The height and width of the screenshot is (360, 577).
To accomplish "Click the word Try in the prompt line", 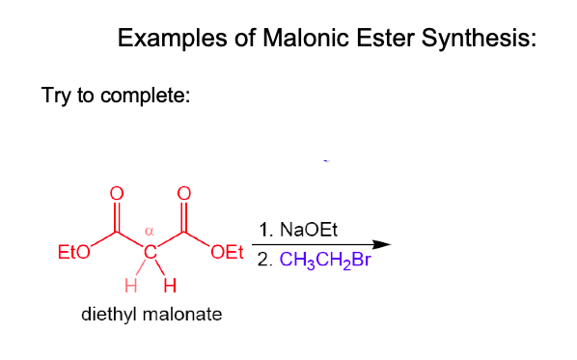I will tap(55, 97).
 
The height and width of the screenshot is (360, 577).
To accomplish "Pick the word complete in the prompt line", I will tap(150, 97).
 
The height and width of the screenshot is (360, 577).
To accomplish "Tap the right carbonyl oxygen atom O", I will tap(183, 192).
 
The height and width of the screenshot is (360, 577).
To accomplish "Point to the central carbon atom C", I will tap(151, 253).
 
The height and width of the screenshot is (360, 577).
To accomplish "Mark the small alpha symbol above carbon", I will tap(150, 232).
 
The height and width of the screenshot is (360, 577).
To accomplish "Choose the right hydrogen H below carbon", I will tap(170, 286).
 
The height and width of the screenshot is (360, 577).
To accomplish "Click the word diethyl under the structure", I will tap(107, 315).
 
